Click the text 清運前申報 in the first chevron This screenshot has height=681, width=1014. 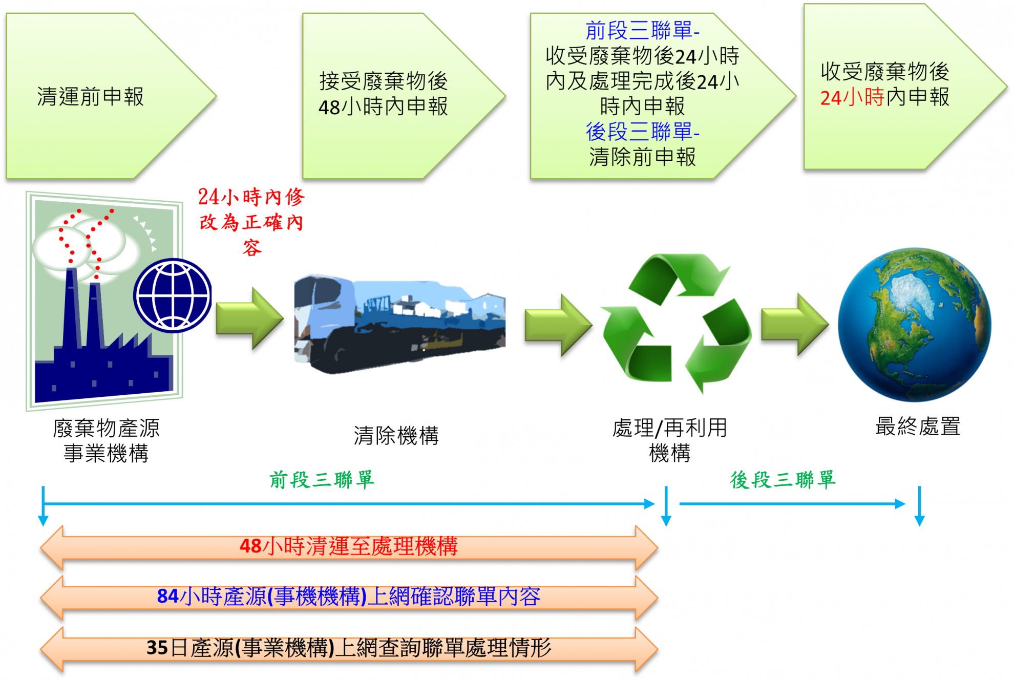point(90,97)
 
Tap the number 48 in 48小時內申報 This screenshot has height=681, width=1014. point(329,108)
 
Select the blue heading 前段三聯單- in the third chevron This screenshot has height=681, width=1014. point(642,31)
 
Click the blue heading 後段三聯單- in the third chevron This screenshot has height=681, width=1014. point(642,132)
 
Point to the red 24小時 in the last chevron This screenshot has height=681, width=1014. point(852,97)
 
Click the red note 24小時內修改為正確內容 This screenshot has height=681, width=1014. point(251,222)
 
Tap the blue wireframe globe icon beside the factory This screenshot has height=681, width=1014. point(173,295)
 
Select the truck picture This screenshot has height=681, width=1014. point(399,323)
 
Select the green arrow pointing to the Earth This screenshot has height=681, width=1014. point(793,326)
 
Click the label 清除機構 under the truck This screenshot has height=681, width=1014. point(396,436)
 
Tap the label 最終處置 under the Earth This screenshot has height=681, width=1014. point(917,427)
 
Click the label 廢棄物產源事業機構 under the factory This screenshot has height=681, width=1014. point(106,441)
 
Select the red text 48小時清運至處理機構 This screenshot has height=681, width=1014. point(348,546)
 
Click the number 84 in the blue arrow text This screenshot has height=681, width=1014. point(167,597)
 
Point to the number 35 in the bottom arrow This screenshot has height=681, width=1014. point(157,648)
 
